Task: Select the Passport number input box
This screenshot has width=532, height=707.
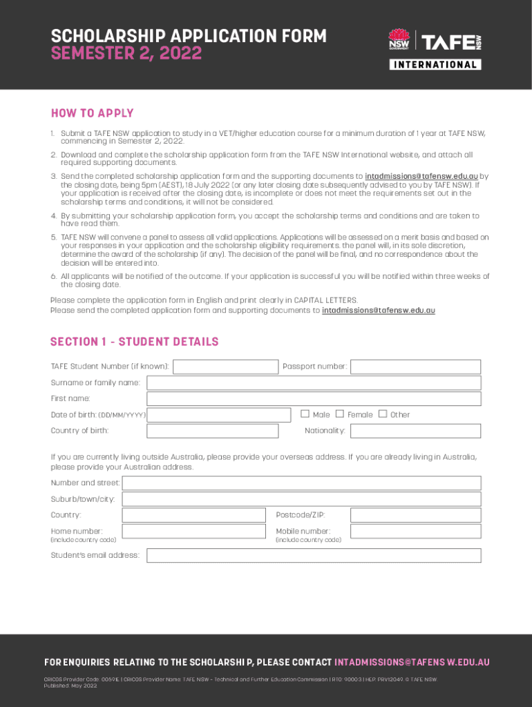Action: (x=415, y=367)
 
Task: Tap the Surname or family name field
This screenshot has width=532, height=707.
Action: (x=314, y=383)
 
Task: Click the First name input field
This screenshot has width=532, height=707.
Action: (x=314, y=399)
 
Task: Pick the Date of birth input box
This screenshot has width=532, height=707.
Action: (x=219, y=415)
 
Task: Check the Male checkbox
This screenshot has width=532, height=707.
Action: (x=305, y=414)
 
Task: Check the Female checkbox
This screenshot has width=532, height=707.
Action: (x=340, y=414)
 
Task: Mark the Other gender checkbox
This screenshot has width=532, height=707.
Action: (x=383, y=414)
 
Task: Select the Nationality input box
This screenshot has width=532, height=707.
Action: (x=415, y=431)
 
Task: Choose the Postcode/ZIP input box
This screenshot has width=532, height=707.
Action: (x=415, y=515)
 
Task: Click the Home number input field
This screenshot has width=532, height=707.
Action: (x=193, y=532)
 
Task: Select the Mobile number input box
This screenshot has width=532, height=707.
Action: (x=415, y=532)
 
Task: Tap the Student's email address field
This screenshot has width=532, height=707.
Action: (x=314, y=556)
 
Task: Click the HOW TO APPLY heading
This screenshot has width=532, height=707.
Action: (x=92, y=113)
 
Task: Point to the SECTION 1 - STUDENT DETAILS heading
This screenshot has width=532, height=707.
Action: (x=134, y=342)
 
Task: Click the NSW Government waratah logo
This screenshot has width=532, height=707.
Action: (x=399, y=39)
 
